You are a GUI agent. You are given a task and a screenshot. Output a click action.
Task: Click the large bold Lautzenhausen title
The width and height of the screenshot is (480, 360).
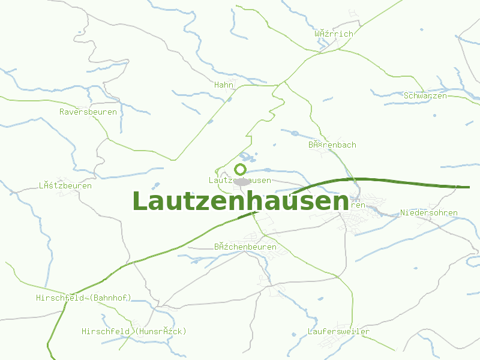240,201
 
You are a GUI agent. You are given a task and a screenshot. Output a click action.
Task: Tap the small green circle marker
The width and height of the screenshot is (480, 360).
241,169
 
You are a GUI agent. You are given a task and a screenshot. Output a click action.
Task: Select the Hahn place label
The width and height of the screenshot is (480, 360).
224,85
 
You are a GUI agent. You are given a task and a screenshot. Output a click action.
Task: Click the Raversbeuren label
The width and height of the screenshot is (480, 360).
88,112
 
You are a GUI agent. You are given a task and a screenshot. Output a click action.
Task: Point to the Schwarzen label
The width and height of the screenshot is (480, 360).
425,96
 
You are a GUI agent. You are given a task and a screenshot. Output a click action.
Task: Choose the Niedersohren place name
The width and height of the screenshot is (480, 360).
428,213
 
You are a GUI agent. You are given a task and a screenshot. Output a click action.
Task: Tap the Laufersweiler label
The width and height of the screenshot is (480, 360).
338,332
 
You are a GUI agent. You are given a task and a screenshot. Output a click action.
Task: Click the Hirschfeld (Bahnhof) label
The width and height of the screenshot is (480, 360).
83,298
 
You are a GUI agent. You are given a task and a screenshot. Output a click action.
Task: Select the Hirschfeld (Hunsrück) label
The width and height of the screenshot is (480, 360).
134,331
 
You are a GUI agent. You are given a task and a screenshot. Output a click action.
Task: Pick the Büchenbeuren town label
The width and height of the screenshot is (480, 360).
245,247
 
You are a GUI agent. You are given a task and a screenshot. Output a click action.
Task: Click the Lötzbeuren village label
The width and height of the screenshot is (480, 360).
65,186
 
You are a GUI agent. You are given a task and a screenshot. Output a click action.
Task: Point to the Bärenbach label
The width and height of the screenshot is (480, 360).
332,145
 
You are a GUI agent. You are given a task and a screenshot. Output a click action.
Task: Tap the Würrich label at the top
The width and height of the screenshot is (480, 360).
334,34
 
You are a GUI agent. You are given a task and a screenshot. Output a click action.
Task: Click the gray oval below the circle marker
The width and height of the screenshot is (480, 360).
241,181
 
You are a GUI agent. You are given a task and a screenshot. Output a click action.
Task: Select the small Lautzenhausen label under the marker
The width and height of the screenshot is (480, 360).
240,180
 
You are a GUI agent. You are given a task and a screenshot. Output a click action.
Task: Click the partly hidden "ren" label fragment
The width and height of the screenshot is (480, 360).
358,205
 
